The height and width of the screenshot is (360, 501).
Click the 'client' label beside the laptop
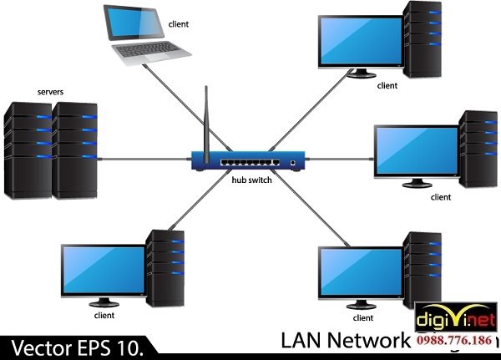coord(179,23)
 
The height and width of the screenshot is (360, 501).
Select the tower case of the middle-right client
coord(477,150)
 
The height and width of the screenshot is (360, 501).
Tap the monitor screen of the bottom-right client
coord(361,271)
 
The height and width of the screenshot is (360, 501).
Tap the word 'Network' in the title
coord(374,340)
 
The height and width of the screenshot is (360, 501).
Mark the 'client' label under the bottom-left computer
coord(104,316)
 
